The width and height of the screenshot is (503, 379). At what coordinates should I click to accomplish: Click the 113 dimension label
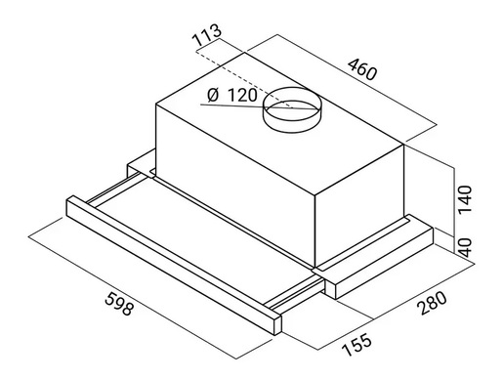point(207,34)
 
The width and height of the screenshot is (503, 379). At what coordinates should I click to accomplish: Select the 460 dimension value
point(362,69)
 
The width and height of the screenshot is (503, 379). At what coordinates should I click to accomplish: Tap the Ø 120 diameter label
point(232,96)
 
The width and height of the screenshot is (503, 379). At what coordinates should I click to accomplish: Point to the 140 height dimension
point(465,199)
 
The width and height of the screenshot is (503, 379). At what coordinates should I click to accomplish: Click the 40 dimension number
point(465,247)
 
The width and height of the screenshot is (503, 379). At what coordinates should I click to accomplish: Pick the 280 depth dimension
point(433,303)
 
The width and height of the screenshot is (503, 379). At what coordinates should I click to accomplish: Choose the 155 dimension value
point(356,345)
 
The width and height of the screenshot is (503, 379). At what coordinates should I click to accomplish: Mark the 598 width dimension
point(119,304)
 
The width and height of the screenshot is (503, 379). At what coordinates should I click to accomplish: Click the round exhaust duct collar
point(292,110)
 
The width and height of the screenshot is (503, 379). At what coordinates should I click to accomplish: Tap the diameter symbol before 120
point(213,96)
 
